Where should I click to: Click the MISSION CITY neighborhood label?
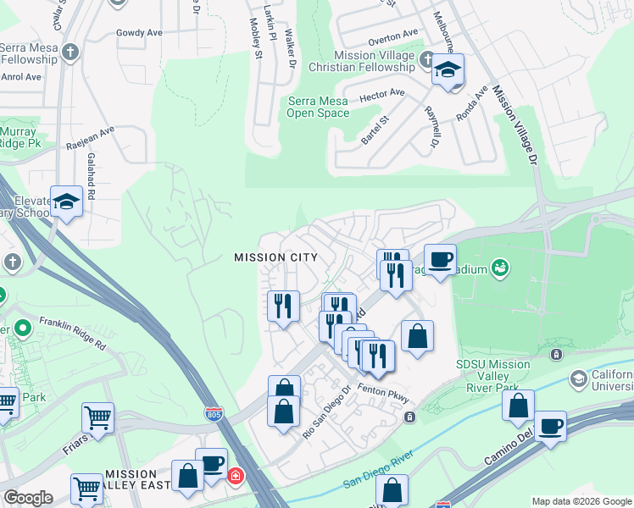[275, 257]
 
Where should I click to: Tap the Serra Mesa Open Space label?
[318, 108]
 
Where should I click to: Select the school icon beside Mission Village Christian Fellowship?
[448, 70]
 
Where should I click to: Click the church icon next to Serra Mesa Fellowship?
[71, 52]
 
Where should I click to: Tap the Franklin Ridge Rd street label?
[71, 334]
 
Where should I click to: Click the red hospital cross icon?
[234, 477]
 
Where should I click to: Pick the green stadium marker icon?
[500, 268]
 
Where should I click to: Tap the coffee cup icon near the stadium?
[439, 258]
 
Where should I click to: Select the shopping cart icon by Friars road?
[97, 417]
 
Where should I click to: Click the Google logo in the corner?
[28, 498]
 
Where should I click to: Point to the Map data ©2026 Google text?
[581, 501]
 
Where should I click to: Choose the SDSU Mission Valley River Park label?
[492, 376]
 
